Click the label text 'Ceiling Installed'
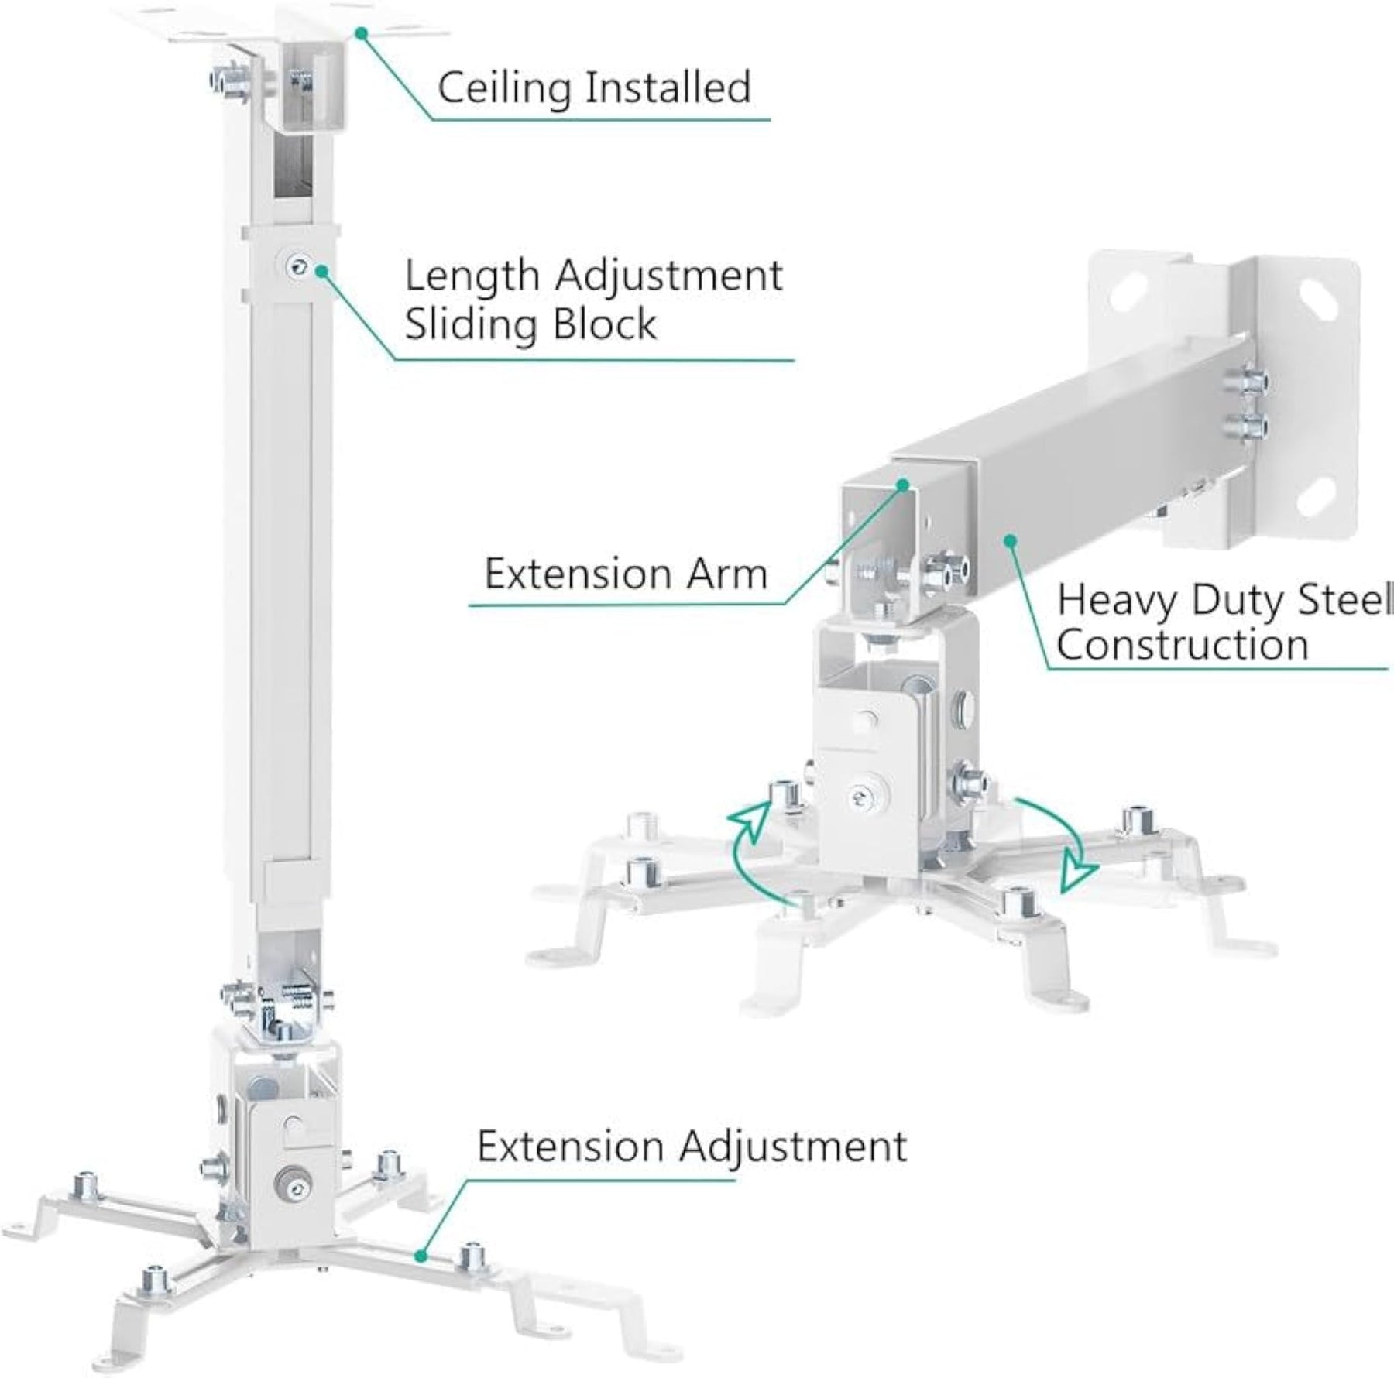(594, 87)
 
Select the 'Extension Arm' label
(626, 574)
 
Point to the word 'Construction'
(1183, 644)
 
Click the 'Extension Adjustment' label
(692, 1146)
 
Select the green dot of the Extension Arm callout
(902, 485)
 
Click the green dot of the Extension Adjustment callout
(421, 1256)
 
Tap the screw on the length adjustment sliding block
(296, 268)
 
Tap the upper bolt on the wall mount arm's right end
(1247, 382)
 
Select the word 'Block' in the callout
(594, 323)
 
